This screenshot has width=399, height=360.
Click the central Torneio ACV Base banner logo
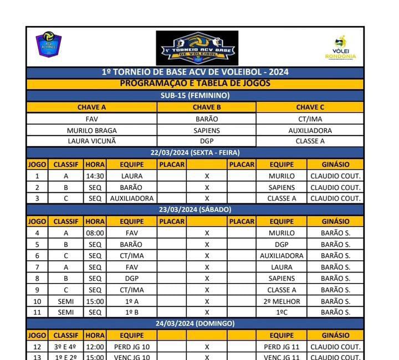(x=197, y=48)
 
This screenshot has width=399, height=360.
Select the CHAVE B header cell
(x=207, y=107)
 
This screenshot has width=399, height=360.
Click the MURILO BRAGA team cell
(x=91, y=131)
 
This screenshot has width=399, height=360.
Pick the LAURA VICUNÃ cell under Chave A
(x=91, y=141)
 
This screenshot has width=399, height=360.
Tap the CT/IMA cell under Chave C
(x=310, y=119)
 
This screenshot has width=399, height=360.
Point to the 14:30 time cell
(x=95, y=176)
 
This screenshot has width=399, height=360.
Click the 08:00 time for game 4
(x=95, y=233)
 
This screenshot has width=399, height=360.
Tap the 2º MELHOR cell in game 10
(x=282, y=302)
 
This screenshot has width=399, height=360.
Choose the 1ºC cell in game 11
(x=282, y=312)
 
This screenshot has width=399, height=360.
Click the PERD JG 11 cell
(x=282, y=347)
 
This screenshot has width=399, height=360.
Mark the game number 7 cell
(x=37, y=268)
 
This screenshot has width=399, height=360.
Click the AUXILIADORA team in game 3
(x=132, y=198)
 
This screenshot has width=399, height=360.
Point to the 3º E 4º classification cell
(x=66, y=347)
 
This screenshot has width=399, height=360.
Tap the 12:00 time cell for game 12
(x=95, y=347)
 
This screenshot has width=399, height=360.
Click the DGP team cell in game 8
(x=132, y=279)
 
